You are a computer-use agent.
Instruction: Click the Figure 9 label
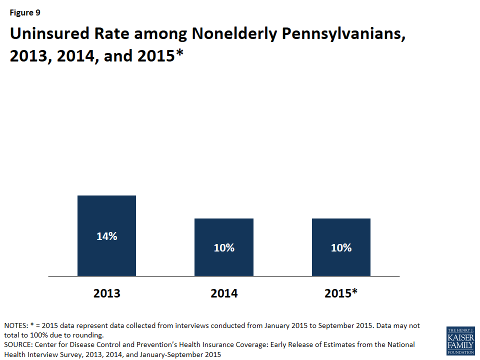point(25,12)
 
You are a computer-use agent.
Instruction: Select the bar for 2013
point(106,235)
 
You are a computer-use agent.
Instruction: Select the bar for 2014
point(224,247)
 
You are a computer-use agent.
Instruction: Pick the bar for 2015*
point(341,247)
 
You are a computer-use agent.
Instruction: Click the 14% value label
point(106,236)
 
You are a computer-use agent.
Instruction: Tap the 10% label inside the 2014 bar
point(224,247)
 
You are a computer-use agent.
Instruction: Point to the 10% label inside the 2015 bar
point(341,247)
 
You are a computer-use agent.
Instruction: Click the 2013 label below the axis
point(106,293)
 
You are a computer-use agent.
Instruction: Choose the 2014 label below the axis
point(224,293)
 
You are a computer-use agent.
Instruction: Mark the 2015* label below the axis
point(341,293)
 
